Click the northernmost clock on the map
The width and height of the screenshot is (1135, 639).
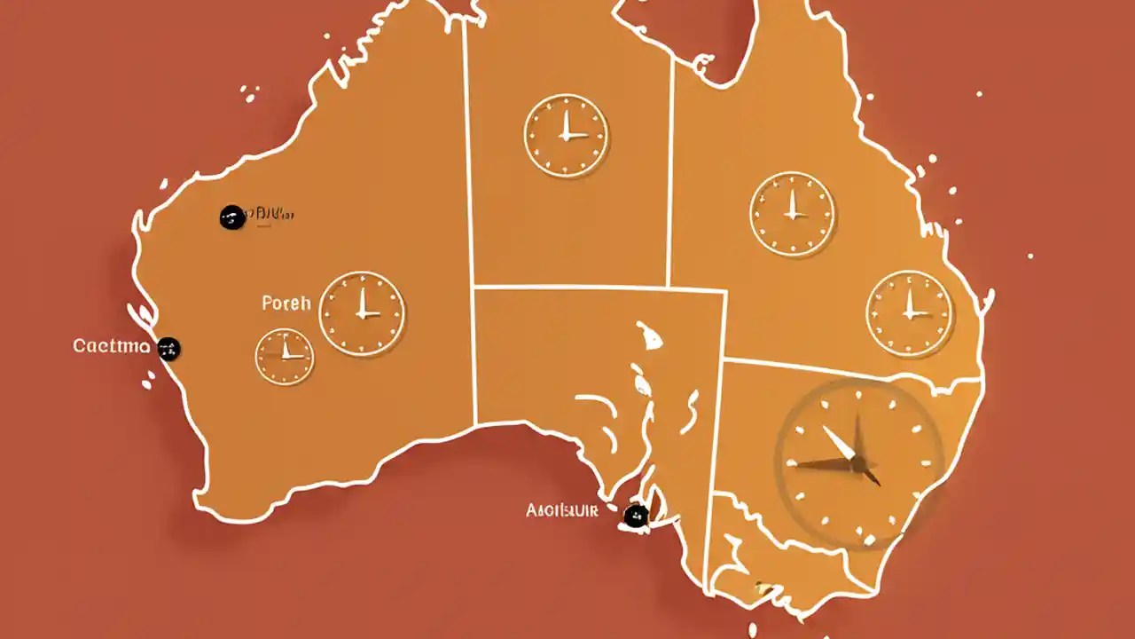coord(566,137)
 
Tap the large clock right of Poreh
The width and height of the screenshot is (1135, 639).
coord(362,313)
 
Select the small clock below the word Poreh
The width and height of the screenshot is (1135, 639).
coord(285,357)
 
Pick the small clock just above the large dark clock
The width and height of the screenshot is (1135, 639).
coord(909,313)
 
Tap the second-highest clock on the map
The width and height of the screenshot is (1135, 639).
coord(792,214)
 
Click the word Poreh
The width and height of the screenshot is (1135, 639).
coord(286,304)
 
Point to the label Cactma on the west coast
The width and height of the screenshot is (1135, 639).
coord(111,346)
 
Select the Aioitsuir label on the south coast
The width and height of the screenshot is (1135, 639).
coord(561,510)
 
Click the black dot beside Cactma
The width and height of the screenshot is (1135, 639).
coord(168,349)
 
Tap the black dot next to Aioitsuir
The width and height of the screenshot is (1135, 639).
coord(635,516)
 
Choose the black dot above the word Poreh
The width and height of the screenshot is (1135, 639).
coord(231,217)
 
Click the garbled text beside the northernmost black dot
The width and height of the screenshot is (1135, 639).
coord(270,214)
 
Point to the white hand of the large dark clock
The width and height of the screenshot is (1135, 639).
coord(839,442)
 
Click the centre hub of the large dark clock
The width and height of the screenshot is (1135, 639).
coord(858,461)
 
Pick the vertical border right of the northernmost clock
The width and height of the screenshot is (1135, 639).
coord(670,160)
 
